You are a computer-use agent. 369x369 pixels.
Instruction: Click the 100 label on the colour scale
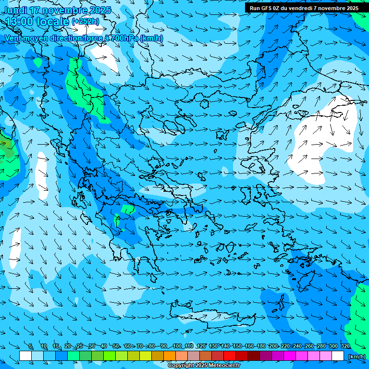177,346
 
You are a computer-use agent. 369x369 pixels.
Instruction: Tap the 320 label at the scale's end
345,346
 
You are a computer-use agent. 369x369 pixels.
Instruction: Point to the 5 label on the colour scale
31,346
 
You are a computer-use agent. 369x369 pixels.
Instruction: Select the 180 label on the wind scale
261,346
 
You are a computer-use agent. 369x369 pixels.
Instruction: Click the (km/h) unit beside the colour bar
357,357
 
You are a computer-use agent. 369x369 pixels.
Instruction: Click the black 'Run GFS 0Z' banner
304,8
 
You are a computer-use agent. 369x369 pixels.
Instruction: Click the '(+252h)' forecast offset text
86,21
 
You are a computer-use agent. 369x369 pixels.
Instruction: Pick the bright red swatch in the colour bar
230,356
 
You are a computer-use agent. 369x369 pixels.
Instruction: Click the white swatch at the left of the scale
25,356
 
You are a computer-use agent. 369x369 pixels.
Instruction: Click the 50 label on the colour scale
116,346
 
